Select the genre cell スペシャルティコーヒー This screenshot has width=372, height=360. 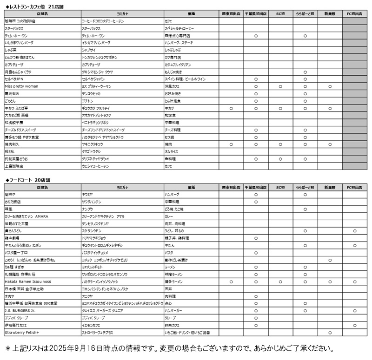click(180, 28)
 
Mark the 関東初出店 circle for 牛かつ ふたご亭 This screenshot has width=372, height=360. click(231, 108)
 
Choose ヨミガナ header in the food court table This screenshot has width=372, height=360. click(122, 187)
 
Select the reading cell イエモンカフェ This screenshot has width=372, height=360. click(94, 325)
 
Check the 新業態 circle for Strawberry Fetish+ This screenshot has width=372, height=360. click(330, 333)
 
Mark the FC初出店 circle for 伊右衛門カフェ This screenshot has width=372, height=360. click(355, 325)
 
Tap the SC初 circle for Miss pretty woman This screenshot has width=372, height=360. click(280, 86)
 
